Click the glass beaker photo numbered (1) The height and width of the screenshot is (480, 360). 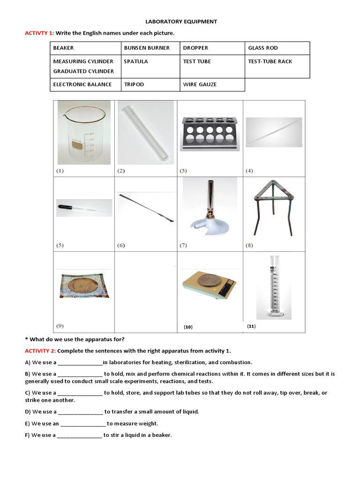[x=84, y=134]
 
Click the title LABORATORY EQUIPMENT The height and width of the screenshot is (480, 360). [x=180, y=22]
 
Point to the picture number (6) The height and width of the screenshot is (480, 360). [x=121, y=245]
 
